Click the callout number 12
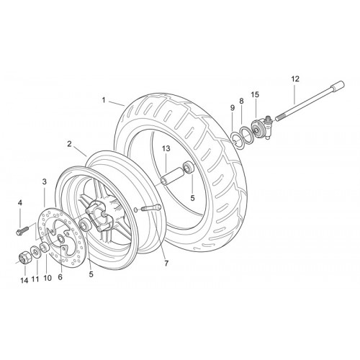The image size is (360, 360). point(295,78)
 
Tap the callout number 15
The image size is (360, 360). point(255,94)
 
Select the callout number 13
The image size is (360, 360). point(166,148)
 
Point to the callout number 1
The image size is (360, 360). point(104,100)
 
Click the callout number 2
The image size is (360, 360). point(69,144)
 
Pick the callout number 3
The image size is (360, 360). point(45,181)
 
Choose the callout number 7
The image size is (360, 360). point(166,264)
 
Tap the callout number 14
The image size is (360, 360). point(24,280)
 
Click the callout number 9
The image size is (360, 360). point(233,108)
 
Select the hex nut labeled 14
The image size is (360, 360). point(24,258)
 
